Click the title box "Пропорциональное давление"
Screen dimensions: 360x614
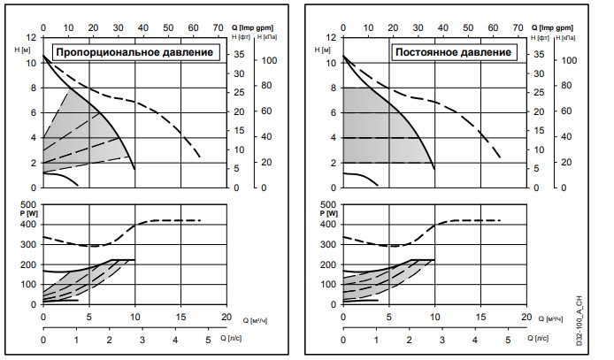tap(135, 52)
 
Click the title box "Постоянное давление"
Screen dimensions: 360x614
tap(452, 52)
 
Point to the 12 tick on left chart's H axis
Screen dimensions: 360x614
tap(34, 37)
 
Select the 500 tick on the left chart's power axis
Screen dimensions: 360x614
tap(31, 205)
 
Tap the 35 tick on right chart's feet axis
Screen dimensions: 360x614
tap(538, 55)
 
